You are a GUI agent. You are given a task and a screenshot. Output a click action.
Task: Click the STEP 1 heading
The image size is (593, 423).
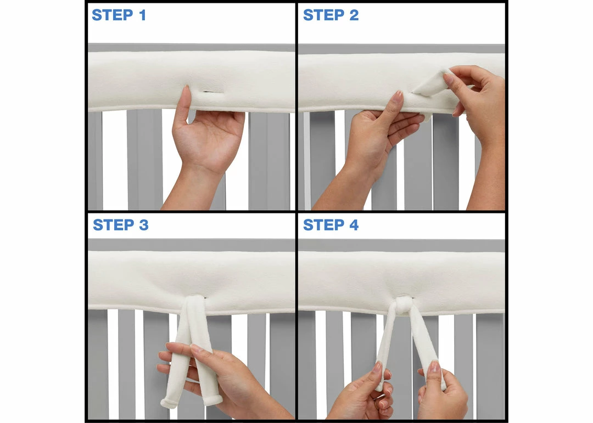(119, 15)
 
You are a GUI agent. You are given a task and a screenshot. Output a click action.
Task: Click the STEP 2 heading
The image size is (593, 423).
(331, 15)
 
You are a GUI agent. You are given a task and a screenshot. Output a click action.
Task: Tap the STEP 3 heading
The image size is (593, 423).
(120, 225)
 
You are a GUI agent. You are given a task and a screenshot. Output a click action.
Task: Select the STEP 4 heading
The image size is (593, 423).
(331, 225)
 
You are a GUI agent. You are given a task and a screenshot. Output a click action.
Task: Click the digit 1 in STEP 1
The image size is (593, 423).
(142, 15)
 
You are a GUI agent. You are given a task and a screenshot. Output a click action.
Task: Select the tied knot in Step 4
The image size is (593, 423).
(404, 305)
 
